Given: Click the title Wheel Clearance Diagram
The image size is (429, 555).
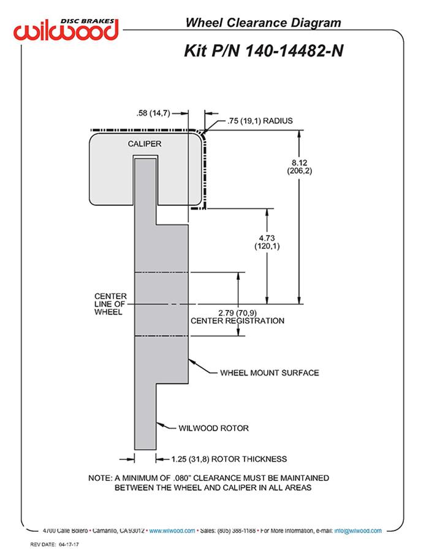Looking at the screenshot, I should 263,23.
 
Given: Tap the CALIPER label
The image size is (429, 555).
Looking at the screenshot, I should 145,144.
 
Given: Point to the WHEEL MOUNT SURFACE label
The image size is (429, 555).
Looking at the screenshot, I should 270,372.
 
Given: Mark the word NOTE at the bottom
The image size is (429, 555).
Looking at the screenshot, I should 101,478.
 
